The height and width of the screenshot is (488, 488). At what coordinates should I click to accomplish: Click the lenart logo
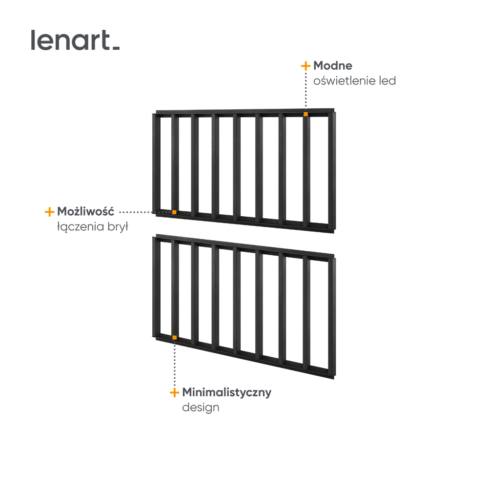point(75,40)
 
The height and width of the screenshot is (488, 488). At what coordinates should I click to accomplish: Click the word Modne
point(333,66)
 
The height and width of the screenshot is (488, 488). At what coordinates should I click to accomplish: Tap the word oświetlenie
point(344,81)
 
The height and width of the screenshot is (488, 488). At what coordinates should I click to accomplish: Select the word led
point(387,81)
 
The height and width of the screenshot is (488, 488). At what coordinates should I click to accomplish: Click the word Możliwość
point(85,211)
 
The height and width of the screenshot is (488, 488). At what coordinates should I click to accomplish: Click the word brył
point(118,226)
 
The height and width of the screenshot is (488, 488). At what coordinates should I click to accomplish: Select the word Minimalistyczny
point(226,392)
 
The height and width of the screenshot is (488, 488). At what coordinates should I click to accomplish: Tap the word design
point(201,407)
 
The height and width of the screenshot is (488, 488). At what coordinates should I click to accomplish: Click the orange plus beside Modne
point(305,66)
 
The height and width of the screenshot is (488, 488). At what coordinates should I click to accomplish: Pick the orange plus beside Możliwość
point(49,212)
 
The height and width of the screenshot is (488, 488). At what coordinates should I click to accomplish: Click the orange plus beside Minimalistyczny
point(175,392)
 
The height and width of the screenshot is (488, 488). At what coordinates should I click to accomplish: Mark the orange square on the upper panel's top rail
point(305,114)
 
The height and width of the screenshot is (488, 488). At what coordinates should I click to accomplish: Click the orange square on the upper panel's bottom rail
point(174,212)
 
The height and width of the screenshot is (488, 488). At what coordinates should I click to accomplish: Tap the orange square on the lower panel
point(175,338)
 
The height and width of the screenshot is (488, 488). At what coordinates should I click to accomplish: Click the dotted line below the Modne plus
point(305,91)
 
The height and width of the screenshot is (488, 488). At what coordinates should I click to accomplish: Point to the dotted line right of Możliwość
point(145,212)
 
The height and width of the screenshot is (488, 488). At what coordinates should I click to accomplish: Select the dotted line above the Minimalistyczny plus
point(175,364)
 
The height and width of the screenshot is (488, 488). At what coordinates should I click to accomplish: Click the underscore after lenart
point(116,48)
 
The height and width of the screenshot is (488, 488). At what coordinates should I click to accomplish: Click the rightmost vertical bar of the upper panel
point(332,172)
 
